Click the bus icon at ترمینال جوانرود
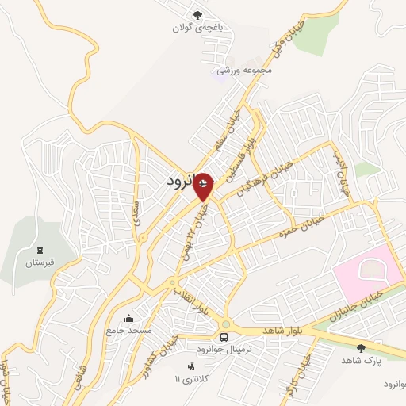223,337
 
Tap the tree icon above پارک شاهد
362,347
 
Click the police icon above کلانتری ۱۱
190,366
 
